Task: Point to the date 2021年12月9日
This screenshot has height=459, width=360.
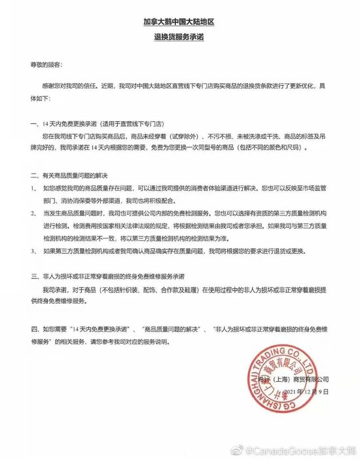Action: click(x=304, y=392)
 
